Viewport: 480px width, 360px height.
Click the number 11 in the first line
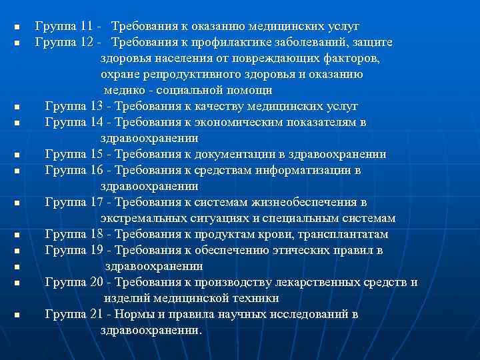click(x=85, y=27)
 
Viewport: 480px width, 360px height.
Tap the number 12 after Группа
click(x=85, y=43)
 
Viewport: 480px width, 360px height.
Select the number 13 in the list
click(x=96, y=106)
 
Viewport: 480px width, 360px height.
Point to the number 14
click(x=96, y=122)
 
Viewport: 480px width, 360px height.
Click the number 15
click(x=96, y=154)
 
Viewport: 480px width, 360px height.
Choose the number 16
click(x=96, y=170)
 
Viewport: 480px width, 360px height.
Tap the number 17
click(x=96, y=202)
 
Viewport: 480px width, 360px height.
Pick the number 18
click(x=96, y=234)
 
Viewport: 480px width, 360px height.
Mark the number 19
click(x=96, y=250)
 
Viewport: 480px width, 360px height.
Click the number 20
click(x=97, y=282)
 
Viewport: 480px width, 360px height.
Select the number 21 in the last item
click(x=96, y=314)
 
